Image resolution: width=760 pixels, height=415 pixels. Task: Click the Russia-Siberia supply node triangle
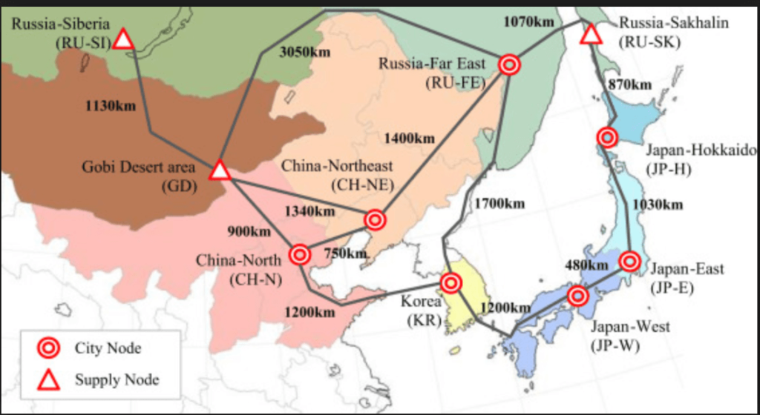click(x=123, y=39)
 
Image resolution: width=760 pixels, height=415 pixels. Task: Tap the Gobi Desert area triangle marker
click(x=219, y=170)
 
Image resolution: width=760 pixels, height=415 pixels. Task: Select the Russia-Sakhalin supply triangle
click(x=591, y=33)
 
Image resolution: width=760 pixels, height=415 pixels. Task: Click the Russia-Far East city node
click(x=509, y=65)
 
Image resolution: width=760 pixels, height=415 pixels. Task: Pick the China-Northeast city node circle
click(x=375, y=219)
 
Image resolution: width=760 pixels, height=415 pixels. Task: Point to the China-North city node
click(x=300, y=255)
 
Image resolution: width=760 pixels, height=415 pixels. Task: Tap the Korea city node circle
click(x=451, y=282)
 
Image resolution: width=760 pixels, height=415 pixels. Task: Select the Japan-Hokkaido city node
click(x=607, y=137)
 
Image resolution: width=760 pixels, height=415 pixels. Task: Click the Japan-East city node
click(x=629, y=261)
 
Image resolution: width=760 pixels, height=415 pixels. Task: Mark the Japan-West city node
click(x=577, y=296)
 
